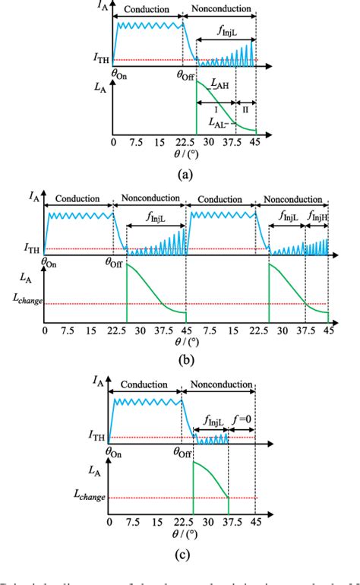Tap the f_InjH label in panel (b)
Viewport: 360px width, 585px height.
[x=318, y=216]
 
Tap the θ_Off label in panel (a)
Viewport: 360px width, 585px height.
[x=187, y=74]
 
